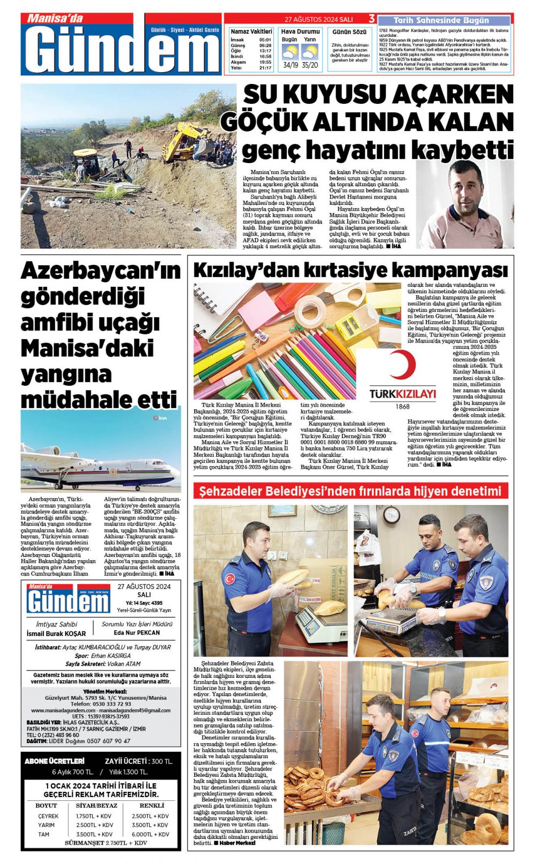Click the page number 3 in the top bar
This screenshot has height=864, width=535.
coord(372,19)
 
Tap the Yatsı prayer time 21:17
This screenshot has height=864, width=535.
coord(265,68)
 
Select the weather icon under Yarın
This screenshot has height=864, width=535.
coord(310,53)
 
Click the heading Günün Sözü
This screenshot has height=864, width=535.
coord(349,32)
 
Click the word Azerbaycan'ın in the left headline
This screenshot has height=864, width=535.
coord(101,271)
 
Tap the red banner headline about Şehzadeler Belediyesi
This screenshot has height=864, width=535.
coord(350,491)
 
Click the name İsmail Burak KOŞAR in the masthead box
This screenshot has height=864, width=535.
coord(56,633)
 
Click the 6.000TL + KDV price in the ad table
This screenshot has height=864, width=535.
coord(150,834)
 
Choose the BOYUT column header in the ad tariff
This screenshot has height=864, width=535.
coord(46,805)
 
